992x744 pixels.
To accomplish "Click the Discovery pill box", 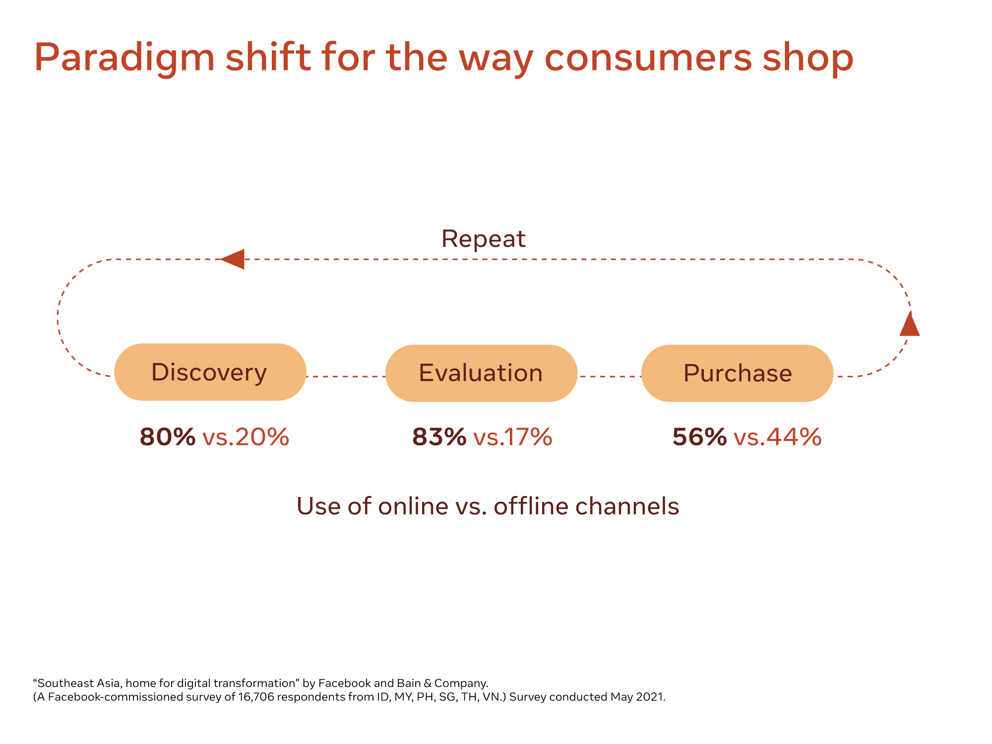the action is click(x=210, y=372).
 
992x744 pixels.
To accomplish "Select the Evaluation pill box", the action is click(x=481, y=373).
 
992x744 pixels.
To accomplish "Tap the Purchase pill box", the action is click(x=737, y=373).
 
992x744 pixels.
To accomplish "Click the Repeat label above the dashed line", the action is click(x=483, y=239).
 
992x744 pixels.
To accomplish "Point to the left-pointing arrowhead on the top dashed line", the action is click(x=234, y=259).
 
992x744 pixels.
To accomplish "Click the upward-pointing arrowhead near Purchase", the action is click(x=910, y=325).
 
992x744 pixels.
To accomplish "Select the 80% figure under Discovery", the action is click(x=168, y=437).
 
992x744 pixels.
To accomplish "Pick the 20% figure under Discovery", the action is click(x=262, y=437).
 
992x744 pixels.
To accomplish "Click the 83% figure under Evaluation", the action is click(x=439, y=437).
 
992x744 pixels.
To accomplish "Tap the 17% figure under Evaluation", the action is click(x=528, y=437).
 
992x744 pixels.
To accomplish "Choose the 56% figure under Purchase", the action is click(x=699, y=437).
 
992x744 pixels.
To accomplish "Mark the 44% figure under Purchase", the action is click(x=794, y=437).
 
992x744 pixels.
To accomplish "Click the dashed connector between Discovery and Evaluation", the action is click(x=346, y=376).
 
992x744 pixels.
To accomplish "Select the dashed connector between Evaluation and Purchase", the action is click(x=610, y=376).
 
